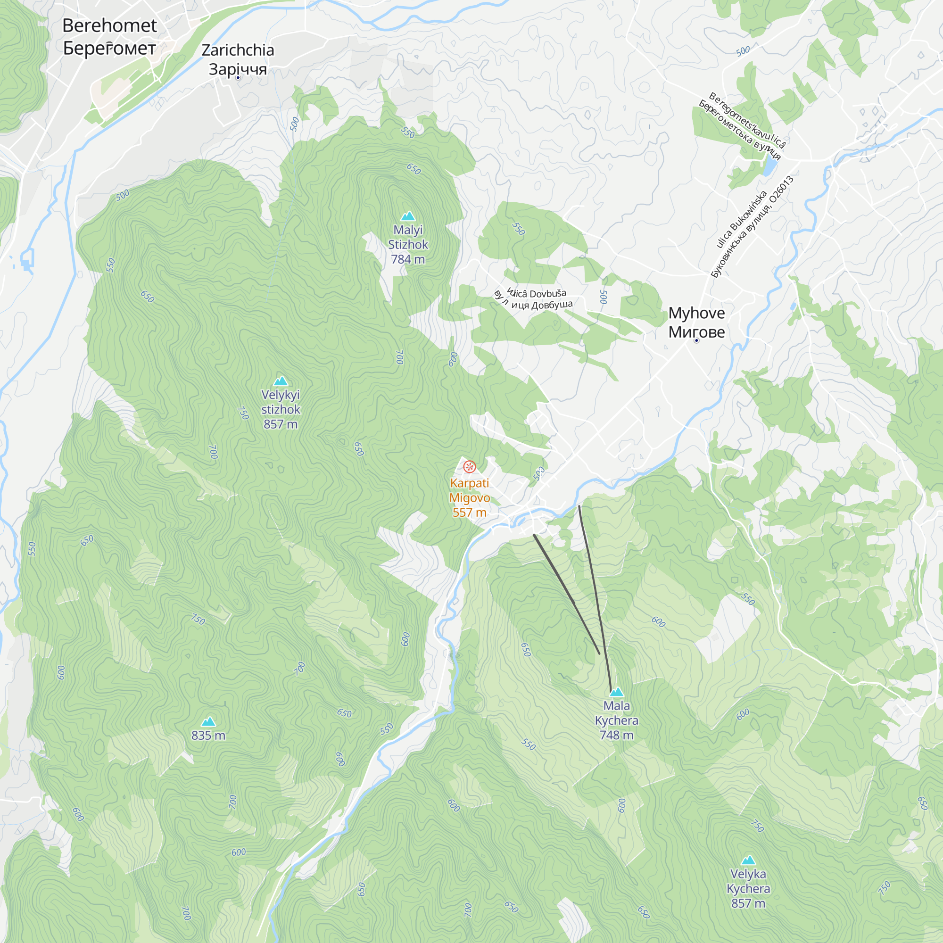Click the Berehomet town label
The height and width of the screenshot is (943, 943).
109,37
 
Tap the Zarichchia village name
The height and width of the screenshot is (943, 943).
238,59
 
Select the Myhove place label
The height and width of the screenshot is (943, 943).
696,322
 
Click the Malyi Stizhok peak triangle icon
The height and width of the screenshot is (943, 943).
407,216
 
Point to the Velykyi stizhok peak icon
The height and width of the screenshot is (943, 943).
281,381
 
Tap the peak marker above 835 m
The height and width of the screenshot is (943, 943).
208,722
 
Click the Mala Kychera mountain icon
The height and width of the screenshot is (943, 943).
617,692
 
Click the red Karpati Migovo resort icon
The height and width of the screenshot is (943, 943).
469,467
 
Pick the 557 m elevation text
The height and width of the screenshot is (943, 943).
469,513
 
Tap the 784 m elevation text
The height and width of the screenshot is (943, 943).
407,260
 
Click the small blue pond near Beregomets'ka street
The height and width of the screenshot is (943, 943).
770,166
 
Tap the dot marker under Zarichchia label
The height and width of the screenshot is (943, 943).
238,78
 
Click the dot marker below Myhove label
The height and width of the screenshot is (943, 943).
696,341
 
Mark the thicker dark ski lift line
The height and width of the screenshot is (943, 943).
566,594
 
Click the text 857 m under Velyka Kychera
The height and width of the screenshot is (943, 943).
748,903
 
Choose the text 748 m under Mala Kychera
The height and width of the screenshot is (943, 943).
617,735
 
